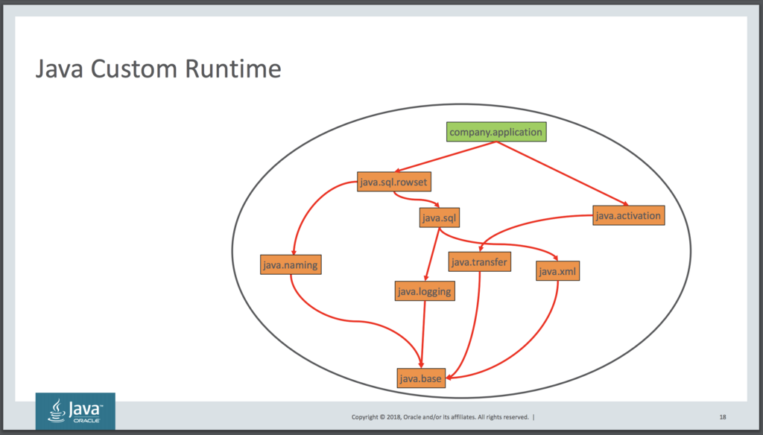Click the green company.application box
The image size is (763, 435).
point(496,132)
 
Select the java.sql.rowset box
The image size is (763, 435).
point(394,182)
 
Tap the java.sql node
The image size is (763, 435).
point(440,217)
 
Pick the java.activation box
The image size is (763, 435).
point(629,215)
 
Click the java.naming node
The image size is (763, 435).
point(291,264)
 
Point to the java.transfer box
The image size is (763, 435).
point(479,261)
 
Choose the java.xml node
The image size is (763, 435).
point(557,271)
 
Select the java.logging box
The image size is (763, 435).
point(425,291)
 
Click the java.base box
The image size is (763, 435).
point(421,378)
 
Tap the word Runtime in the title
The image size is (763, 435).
point(233,69)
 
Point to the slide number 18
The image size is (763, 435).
point(723,417)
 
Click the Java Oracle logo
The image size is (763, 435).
point(75,411)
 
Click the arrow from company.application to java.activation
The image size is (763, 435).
point(562,174)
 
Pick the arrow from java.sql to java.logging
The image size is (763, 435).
point(432,254)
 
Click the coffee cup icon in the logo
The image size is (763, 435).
point(57,410)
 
